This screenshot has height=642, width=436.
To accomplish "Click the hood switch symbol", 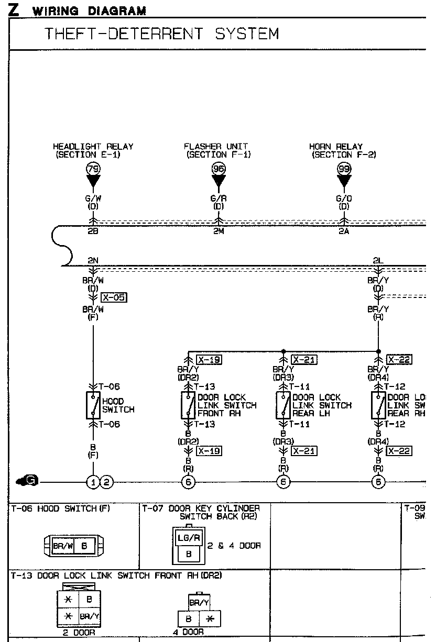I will click(x=93, y=405).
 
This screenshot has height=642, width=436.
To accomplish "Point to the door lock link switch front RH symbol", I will click(x=188, y=405).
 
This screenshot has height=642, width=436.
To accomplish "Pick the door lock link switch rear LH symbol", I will click(x=283, y=405).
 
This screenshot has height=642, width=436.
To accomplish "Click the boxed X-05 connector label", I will click(x=114, y=298).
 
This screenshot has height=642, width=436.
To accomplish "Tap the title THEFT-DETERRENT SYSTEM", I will click(x=162, y=34).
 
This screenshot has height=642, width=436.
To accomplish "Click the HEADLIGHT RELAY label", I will click(x=93, y=147).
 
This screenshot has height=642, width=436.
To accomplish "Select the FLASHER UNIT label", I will click(x=216, y=147).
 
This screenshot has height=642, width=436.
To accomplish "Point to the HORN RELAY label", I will click(x=335, y=147).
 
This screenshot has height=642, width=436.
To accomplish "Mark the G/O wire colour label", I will click(x=344, y=199).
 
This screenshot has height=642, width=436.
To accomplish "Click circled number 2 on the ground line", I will click(x=106, y=482).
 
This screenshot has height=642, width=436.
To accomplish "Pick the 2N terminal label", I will click(x=93, y=260).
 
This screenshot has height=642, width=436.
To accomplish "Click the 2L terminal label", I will click(x=378, y=260).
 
